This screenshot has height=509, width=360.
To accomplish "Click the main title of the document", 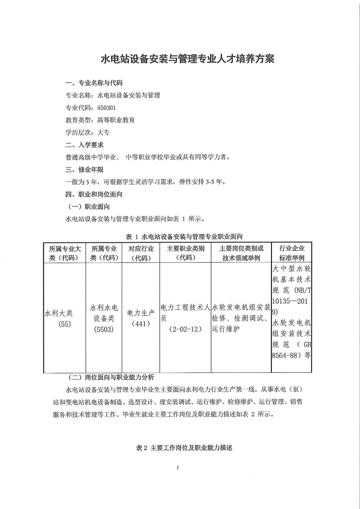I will coord(180,59).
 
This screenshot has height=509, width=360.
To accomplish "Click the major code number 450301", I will coord(107,108).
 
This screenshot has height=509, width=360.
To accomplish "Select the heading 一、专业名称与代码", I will coord(94,83).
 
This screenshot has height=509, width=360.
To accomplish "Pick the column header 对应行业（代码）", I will coord(141,253).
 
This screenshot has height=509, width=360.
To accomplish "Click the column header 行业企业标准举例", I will coord(292,253).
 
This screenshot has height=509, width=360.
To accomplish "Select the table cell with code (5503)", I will coord(104,330).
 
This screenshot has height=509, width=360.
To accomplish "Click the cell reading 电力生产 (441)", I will coord(141,318).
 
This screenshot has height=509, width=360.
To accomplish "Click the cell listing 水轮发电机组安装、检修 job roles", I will coord(240,318).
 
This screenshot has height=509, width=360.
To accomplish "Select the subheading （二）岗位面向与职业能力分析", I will coord(110,377).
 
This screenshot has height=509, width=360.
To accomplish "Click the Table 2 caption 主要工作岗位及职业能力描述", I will coord(184,447).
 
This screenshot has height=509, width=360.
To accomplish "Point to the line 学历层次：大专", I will coord(88,132).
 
